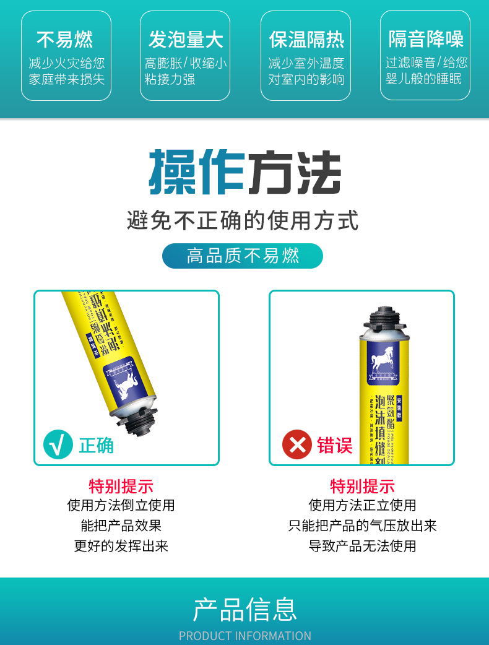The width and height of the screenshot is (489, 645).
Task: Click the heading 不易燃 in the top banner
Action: tap(66, 40)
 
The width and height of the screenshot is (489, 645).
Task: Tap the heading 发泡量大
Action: tap(185, 40)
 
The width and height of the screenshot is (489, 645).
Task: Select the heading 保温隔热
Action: tap(306, 40)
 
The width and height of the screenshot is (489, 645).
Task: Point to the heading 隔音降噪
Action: tap(425, 40)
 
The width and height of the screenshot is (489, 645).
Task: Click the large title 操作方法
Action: tap(244, 173)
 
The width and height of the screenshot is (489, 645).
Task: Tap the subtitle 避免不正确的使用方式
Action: tap(243, 220)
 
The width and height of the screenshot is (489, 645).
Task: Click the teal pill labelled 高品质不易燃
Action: tap(243, 256)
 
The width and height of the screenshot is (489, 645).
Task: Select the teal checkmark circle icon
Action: tap(58, 444)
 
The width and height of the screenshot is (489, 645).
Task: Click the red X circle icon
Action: tap(296, 444)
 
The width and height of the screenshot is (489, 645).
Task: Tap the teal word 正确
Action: tap(96, 445)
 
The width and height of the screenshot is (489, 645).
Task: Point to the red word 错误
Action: tap(335, 445)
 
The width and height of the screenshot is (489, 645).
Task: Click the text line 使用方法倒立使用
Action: tap(121, 505)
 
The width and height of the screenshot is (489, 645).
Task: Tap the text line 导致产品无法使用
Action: tap(362, 546)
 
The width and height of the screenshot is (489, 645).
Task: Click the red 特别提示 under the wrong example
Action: tap(362, 486)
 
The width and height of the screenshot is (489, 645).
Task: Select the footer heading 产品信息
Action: tap(244, 609)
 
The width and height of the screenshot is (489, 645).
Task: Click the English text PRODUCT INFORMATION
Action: tap(244, 636)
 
